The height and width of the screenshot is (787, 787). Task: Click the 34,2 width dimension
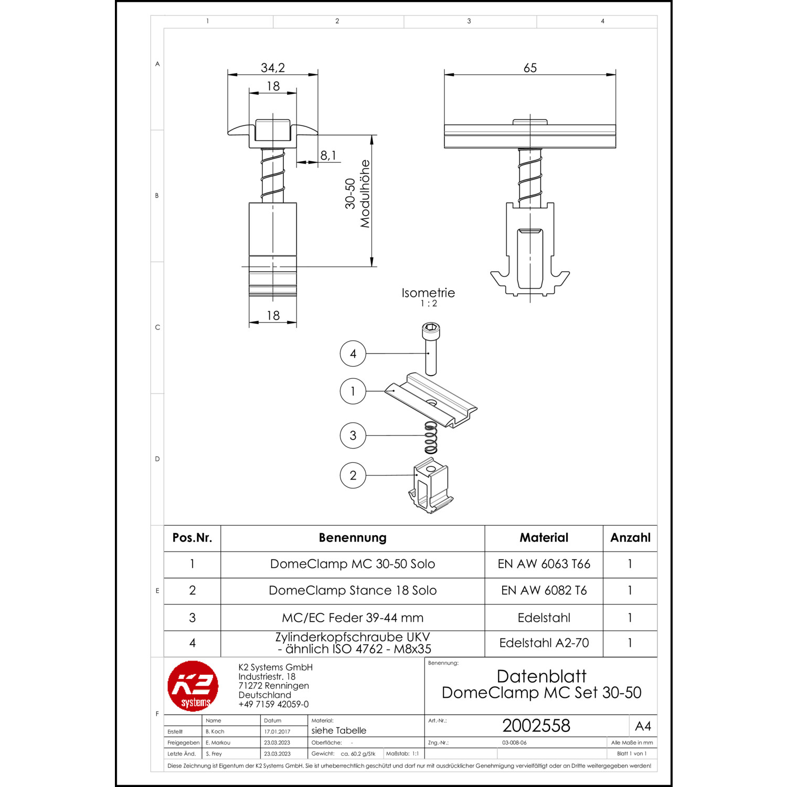273,68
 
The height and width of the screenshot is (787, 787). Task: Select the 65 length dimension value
530,68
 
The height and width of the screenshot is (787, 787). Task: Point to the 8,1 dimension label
328,155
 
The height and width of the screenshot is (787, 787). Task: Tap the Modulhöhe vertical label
365,194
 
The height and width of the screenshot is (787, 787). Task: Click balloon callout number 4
353,354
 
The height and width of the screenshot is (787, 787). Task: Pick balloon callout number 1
353,391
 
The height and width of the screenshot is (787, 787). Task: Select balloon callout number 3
353,435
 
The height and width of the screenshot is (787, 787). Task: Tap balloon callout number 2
353,475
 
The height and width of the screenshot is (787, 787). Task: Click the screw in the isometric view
431,349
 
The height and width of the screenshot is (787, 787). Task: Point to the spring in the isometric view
431,438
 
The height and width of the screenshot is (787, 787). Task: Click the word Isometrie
428,293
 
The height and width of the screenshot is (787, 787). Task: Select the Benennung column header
353,538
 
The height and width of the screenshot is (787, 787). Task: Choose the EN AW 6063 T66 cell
544,565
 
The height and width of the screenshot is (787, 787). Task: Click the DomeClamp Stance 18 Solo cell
353,591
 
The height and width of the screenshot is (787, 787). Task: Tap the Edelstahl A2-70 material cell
544,643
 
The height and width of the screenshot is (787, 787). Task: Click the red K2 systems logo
193,686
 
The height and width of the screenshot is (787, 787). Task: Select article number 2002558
536,726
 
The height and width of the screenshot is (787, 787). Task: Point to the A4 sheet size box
643,726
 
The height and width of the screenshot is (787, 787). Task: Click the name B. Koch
215,731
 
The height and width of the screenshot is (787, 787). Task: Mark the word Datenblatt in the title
541,676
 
